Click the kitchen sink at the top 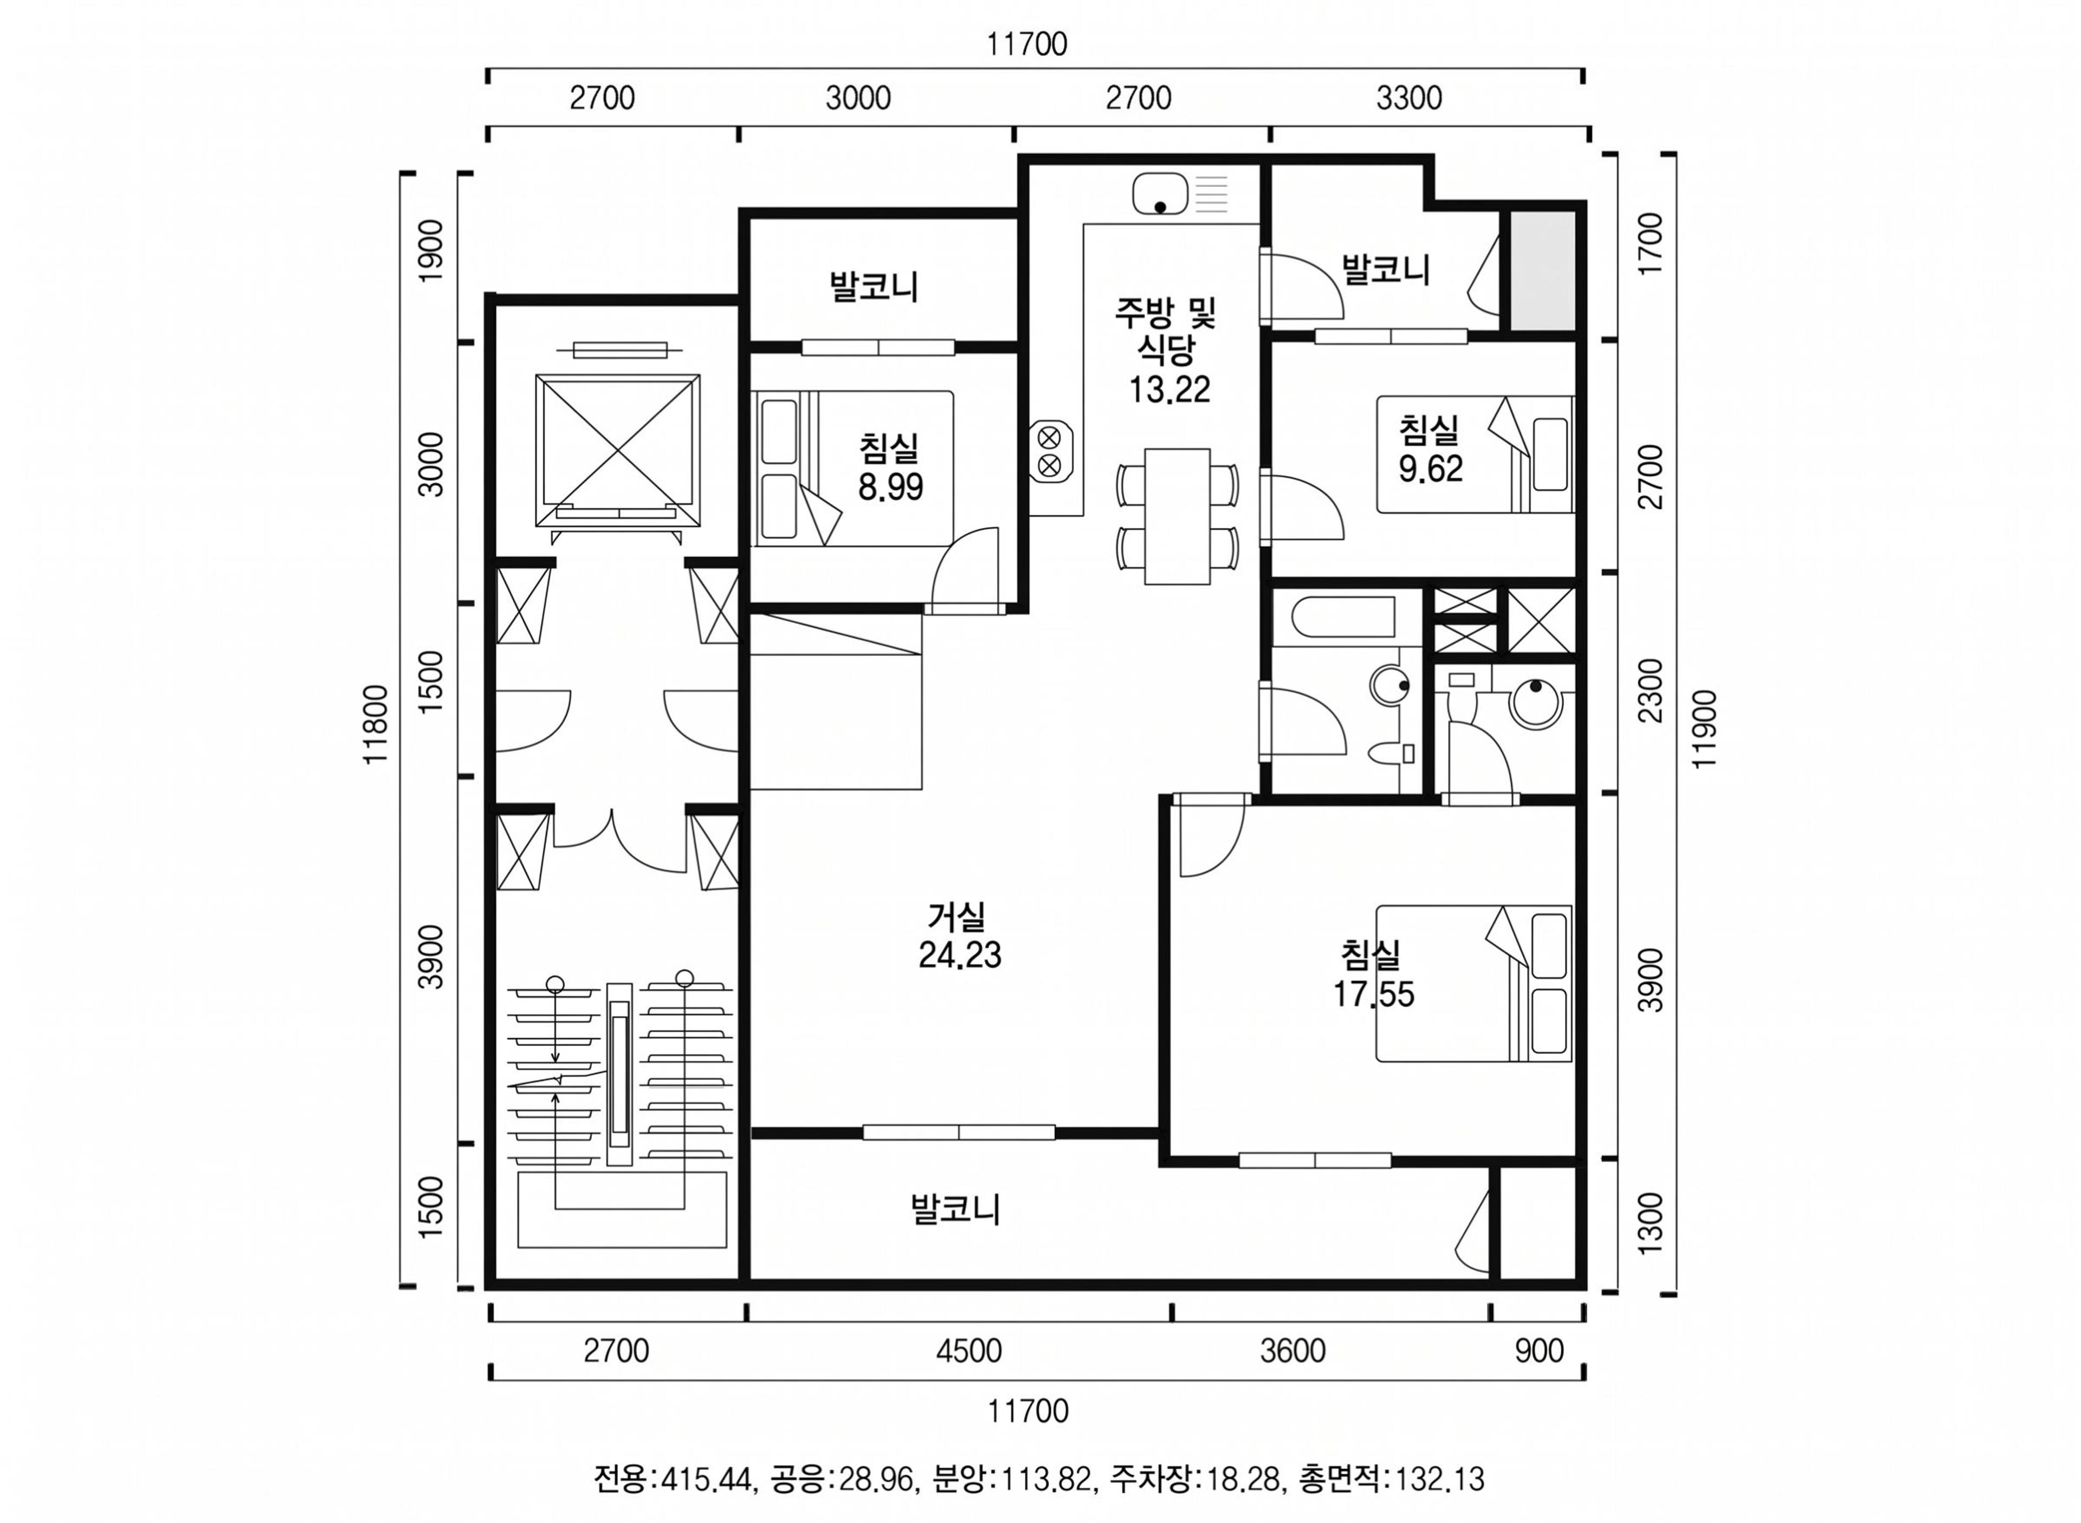1181,193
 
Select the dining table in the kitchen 1177,516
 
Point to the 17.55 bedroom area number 1373,994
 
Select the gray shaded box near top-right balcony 1542,270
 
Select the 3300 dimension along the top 1409,98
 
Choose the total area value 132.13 1438,1479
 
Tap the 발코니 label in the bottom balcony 955,1209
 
